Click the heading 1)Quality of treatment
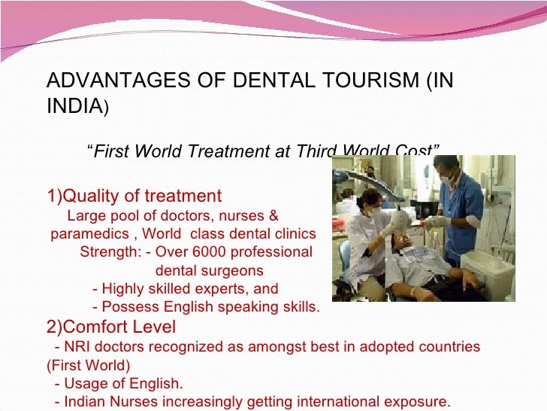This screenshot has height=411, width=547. (134, 196)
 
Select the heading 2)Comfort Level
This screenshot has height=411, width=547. (111, 327)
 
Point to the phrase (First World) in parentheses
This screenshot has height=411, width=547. (88, 366)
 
